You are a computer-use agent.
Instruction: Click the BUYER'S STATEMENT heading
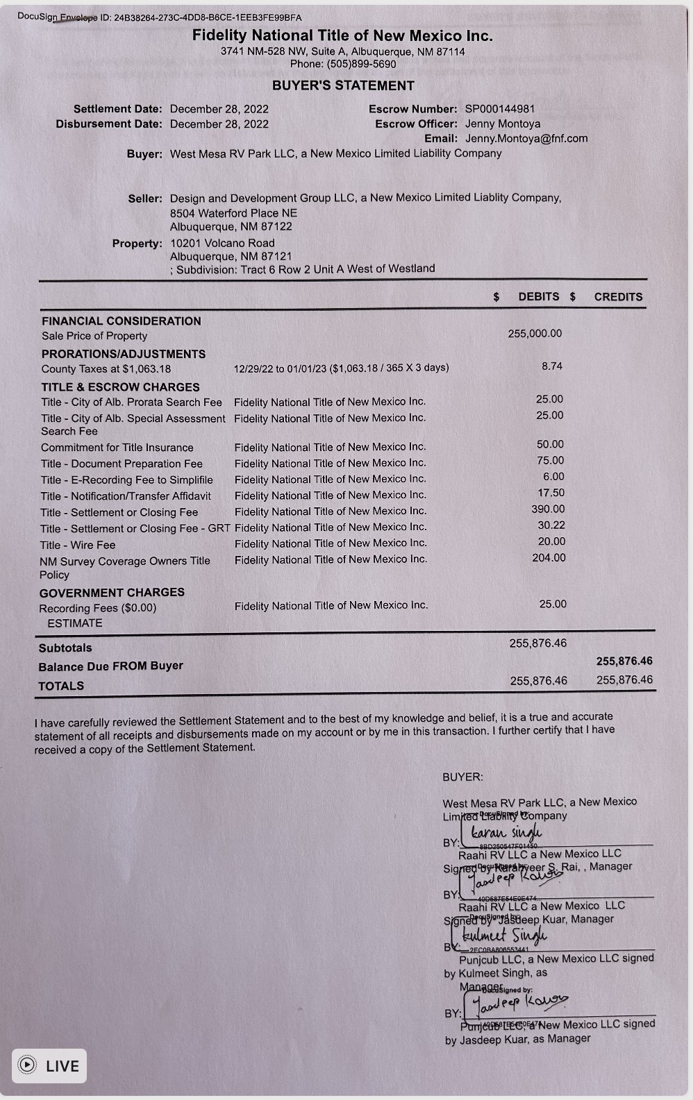coord(343,85)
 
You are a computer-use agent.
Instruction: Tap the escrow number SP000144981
coord(499,109)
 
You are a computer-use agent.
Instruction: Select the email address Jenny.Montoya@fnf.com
coord(526,138)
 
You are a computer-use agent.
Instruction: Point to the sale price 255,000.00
coord(535,333)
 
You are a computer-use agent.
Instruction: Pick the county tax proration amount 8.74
coord(552,366)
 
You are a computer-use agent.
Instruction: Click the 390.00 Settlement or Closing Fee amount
coord(548,509)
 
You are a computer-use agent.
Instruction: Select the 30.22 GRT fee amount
coord(551,525)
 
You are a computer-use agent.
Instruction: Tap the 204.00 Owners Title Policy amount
coord(549,557)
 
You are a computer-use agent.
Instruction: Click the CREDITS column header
coord(618,296)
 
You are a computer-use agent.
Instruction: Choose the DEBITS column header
coord(538,296)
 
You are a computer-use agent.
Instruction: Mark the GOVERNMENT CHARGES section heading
coord(112,592)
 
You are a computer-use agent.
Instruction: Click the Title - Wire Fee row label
coord(78,545)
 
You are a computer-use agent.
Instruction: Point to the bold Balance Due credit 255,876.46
coord(624,661)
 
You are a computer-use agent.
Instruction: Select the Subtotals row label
coord(65,648)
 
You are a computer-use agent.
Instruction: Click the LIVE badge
coord(49,1065)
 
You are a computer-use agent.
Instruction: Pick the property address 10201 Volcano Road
coord(222,243)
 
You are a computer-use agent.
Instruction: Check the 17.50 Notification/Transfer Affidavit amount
coord(551,493)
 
